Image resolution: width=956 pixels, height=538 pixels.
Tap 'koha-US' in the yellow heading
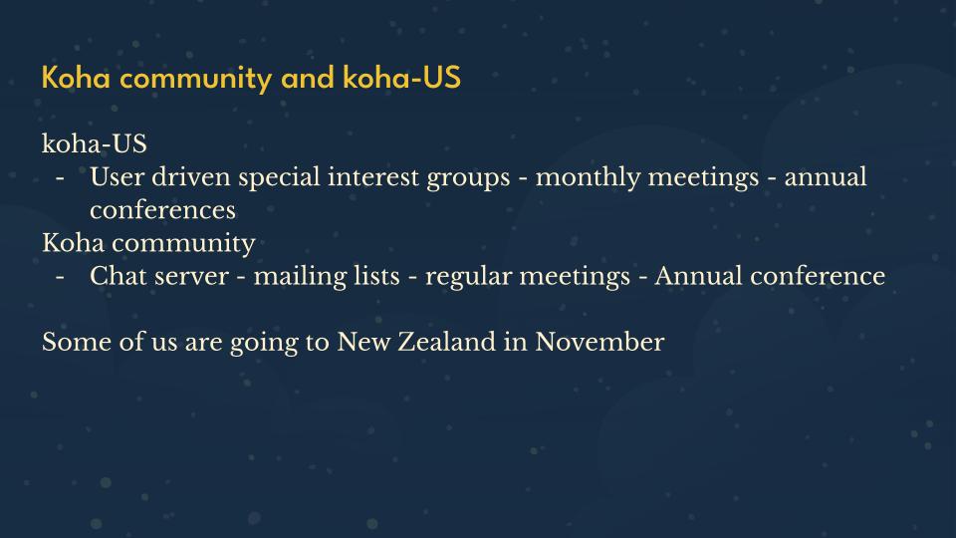click(401, 78)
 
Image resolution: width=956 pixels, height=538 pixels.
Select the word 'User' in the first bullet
click(116, 177)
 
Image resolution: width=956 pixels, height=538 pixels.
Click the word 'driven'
click(191, 177)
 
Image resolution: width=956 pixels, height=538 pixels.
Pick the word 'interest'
click(372, 177)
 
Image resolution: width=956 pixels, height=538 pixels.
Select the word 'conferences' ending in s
click(162, 210)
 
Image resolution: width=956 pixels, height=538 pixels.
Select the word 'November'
click(599, 342)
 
